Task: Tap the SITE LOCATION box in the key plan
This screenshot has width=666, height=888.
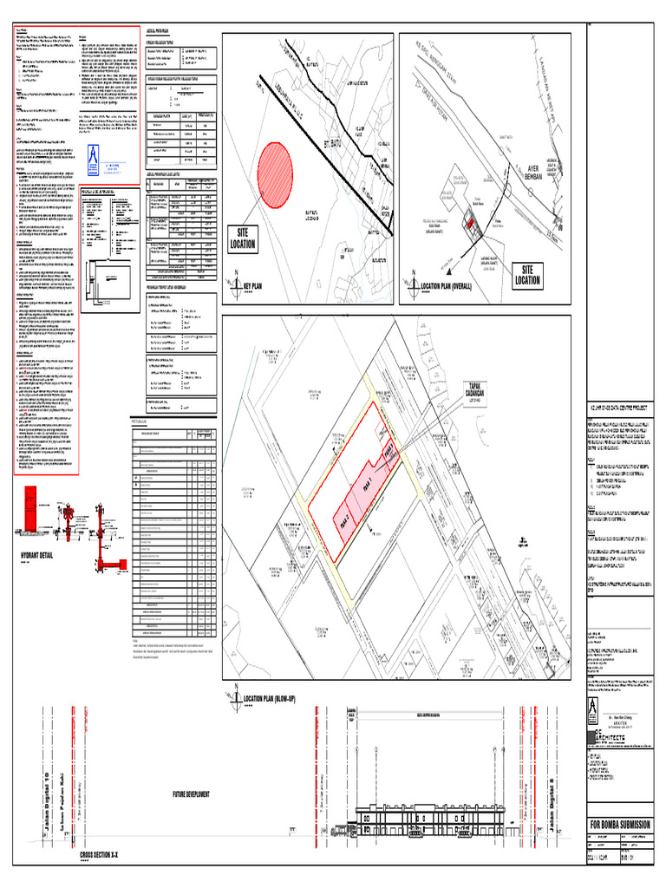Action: (x=242, y=239)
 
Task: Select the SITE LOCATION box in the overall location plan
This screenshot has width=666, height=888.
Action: (x=526, y=274)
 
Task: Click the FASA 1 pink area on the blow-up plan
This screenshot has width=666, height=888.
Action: (x=366, y=482)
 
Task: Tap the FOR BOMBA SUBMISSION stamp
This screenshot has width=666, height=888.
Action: (x=619, y=823)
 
